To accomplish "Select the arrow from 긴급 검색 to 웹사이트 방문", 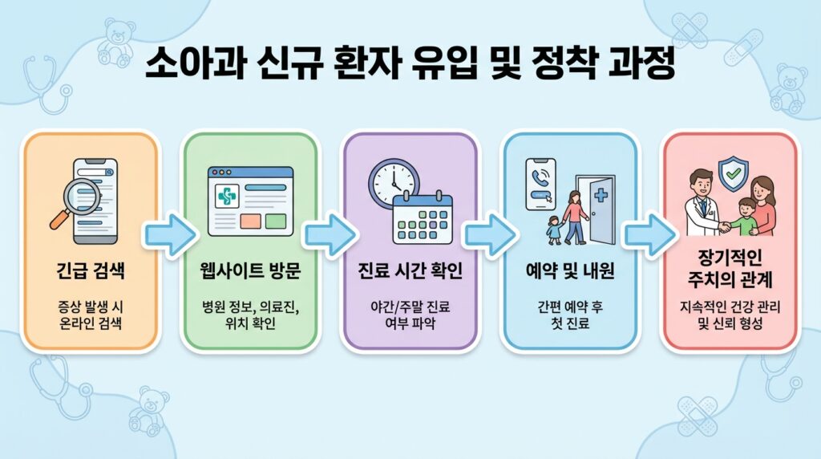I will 170,234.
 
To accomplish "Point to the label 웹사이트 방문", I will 249,271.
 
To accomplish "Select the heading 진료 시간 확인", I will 410,271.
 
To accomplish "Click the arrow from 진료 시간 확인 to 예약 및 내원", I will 489,234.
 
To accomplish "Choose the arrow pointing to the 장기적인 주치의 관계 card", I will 649,234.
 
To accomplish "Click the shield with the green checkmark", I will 732,173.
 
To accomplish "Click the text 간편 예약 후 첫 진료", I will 569,315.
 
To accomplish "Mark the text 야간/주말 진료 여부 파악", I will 410,315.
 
